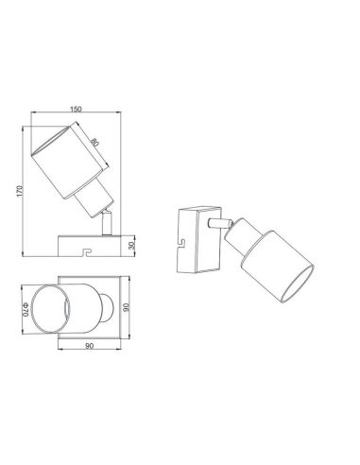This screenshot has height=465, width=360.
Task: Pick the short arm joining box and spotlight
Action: [224, 223]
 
